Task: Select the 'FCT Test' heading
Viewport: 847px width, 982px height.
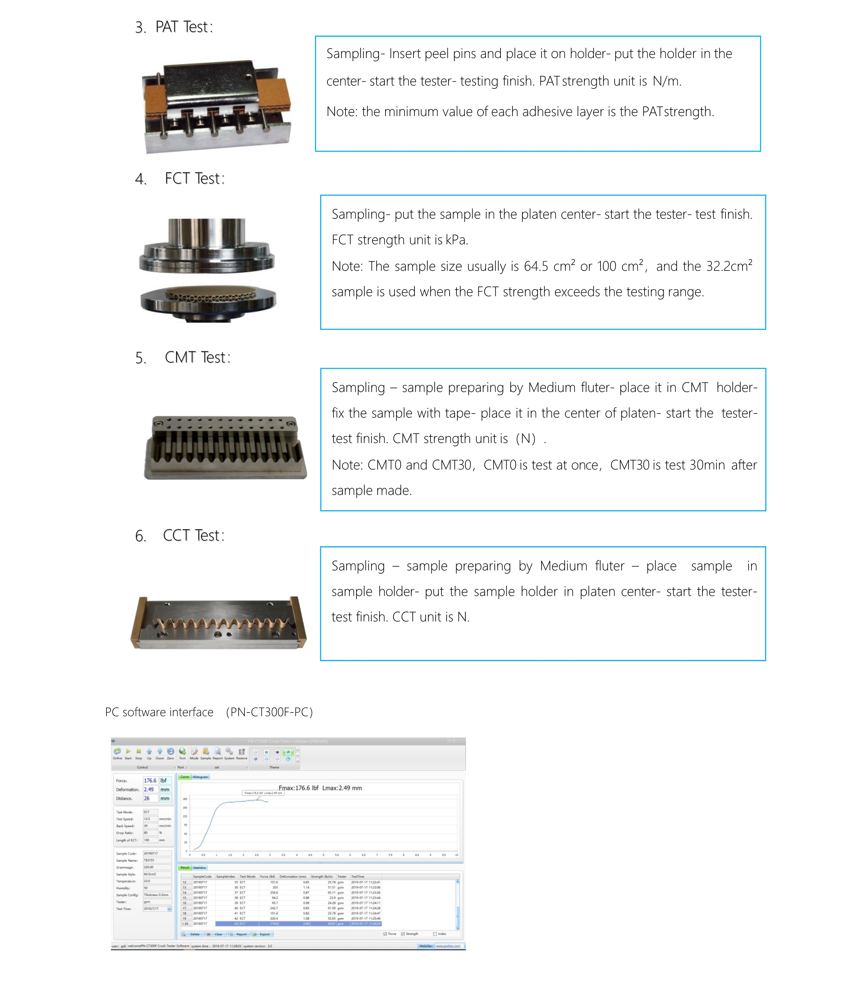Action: (x=194, y=179)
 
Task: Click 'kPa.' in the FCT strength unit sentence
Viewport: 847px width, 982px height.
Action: (x=457, y=240)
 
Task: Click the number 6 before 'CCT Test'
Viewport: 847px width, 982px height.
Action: (x=140, y=536)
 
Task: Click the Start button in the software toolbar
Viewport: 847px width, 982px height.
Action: (x=128, y=753)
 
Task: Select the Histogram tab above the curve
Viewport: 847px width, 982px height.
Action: (x=200, y=777)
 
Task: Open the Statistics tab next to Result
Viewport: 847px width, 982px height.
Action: (x=199, y=868)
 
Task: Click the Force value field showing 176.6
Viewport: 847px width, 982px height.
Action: (x=150, y=781)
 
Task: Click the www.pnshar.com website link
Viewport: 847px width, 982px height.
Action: (x=448, y=946)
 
